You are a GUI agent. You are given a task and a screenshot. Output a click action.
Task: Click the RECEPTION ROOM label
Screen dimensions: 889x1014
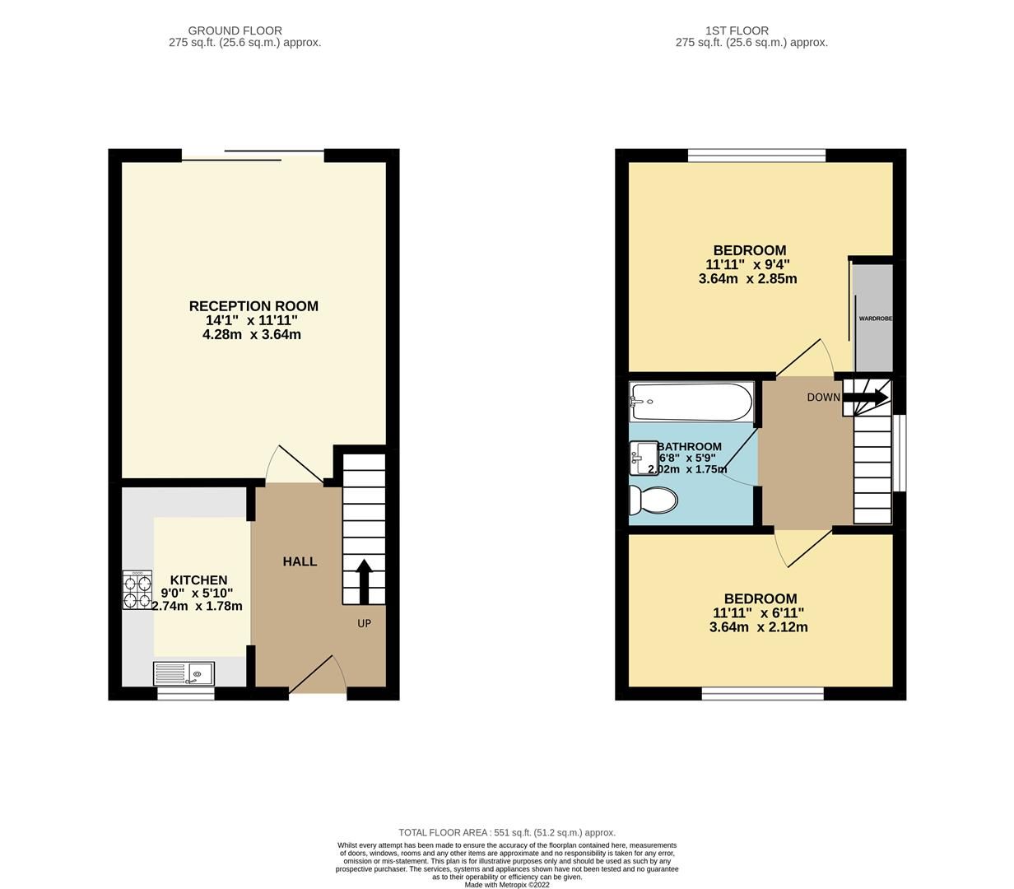pyautogui.click(x=253, y=306)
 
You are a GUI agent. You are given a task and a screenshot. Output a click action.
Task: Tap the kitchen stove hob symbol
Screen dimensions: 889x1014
pyautogui.click(x=137, y=590)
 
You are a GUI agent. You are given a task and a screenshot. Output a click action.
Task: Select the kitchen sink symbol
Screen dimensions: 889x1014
pyautogui.click(x=184, y=674)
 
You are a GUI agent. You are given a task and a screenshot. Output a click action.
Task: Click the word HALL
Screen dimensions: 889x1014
pyautogui.click(x=300, y=561)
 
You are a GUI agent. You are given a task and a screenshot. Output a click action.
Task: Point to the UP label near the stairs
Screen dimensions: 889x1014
pyautogui.click(x=364, y=623)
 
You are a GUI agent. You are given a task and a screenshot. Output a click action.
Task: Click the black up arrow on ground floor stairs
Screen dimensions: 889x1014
pyautogui.click(x=363, y=579)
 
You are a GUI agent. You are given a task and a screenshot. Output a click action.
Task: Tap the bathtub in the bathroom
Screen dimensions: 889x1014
pyautogui.click(x=691, y=402)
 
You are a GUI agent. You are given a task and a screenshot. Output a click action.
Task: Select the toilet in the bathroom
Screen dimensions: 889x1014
pyautogui.click(x=653, y=499)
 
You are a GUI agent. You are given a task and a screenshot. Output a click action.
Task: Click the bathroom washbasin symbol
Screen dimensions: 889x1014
pyautogui.click(x=643, y=458)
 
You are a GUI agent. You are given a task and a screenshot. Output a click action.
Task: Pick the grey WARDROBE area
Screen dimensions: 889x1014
pyautogui.click(x=873, y=318)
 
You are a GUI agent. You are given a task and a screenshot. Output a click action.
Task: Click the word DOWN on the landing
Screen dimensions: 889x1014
pyautogui.click(x=823, y=398)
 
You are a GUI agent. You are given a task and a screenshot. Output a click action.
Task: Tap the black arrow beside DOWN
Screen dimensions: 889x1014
pyautogui.click(x=866, y=398)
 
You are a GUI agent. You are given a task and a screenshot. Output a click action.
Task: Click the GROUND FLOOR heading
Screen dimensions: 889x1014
pyautogui.click(x=235, y=31)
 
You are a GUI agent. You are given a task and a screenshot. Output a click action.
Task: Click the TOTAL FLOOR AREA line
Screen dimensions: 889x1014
pyautogui.click(x=507, y=832)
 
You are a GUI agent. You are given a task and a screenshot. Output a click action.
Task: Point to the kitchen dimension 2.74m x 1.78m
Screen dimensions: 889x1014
pyautogui.click(x=197, y=607)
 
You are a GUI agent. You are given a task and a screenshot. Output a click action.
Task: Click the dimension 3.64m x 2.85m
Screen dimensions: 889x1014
pyautogui.click(x=747, y=279)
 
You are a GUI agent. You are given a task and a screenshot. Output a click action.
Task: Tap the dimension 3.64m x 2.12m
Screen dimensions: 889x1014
pyautogui.click(x=758, y=627)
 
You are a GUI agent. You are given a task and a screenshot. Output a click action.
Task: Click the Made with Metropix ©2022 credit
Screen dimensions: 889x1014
pyautogui.click(x=507, y=885)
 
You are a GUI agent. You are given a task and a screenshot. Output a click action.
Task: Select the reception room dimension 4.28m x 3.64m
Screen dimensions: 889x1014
pyautogui.click(x=252, y=335)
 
